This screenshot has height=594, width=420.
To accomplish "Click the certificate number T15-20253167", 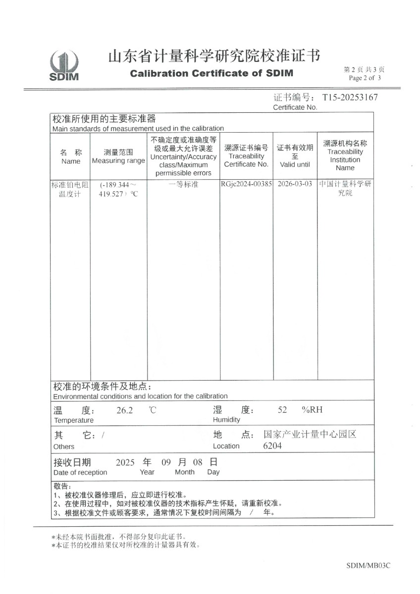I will (x=350, y=97).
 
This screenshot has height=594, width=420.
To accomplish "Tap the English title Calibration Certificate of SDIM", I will (x=211, y=73).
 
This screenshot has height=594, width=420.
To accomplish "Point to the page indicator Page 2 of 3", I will (x=365, y=78).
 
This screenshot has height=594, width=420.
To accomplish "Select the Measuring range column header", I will (x=118, y=156).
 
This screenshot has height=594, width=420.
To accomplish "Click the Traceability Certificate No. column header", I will (x=246, y=156).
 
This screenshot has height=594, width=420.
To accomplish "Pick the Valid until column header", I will (x=295, y=156).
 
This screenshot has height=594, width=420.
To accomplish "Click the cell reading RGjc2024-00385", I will (x=246, y=184).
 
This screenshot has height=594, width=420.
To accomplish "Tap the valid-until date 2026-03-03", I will (x=295, y=184).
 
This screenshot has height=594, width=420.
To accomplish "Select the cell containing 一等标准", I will (x=183, y=184).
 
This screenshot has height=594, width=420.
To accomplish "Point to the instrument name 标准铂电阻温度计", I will (x=70, y=189).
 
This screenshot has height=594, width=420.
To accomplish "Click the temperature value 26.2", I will (x=124, y=410).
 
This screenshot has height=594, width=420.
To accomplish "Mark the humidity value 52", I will (x=282, y=410).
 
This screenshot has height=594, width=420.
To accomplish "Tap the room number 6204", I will (x=272, y=446).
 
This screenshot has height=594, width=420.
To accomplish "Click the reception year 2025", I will (x=125, y=463).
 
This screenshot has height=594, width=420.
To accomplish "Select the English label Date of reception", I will (x=80, y=472).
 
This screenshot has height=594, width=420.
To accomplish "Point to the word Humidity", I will (x=226, y=420).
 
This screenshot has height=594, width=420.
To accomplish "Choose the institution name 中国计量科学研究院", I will (x=345, y=189).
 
